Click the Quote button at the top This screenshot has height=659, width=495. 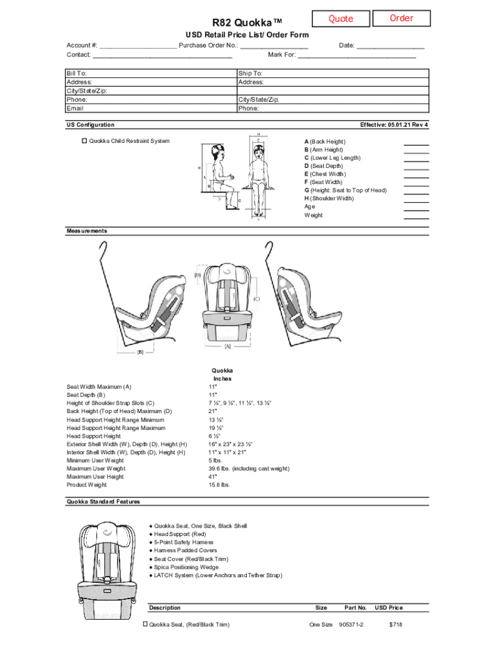pyautogui.click(x=341, y=19)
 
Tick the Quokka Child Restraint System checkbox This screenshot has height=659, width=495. pyautogui.click(x=84, y=141)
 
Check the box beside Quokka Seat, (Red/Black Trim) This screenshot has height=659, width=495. pyautogui.click(x=145, y=624)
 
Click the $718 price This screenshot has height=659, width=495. pyautogui.click(x=395, y=625)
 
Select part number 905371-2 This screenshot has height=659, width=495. pyautogui.click(x=351, y=625)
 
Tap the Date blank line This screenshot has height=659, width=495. pyautogui.click(x=390, y=46)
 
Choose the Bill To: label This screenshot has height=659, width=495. pyautogui.click(x=76, y=74)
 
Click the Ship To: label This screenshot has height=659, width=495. pyautogui.click(x=250, y=74)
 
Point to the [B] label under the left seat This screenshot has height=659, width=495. pyautogui.click(x=140, y=351)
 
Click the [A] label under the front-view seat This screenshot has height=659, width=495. pyautogui.click(x=227, y=346)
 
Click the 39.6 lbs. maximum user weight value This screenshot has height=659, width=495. pyautogui.click(x=249, y=469)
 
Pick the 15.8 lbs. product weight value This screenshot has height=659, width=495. pyautogui.click(x=219, y=485)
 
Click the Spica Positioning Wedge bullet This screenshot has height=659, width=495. pyautogui.click(x=186, y=567)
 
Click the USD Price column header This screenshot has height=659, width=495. pyautogui.click(x=389, y=608)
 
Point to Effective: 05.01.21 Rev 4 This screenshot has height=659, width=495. pyautogui.click(x=394, y=125)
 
